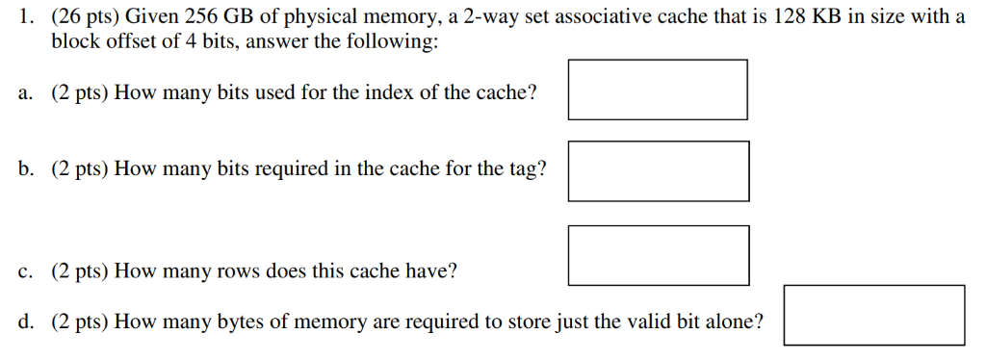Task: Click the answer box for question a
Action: point(658,90)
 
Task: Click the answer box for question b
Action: point(658,171)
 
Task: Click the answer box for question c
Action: point(658,255)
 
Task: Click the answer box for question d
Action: point(873,315)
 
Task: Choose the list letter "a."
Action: point(25,92)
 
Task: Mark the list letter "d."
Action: point(25,321)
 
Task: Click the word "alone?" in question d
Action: point(735,321)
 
